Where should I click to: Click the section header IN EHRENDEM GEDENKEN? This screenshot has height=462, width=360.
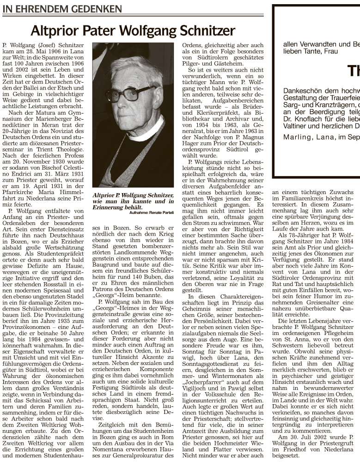click(62, 9)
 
